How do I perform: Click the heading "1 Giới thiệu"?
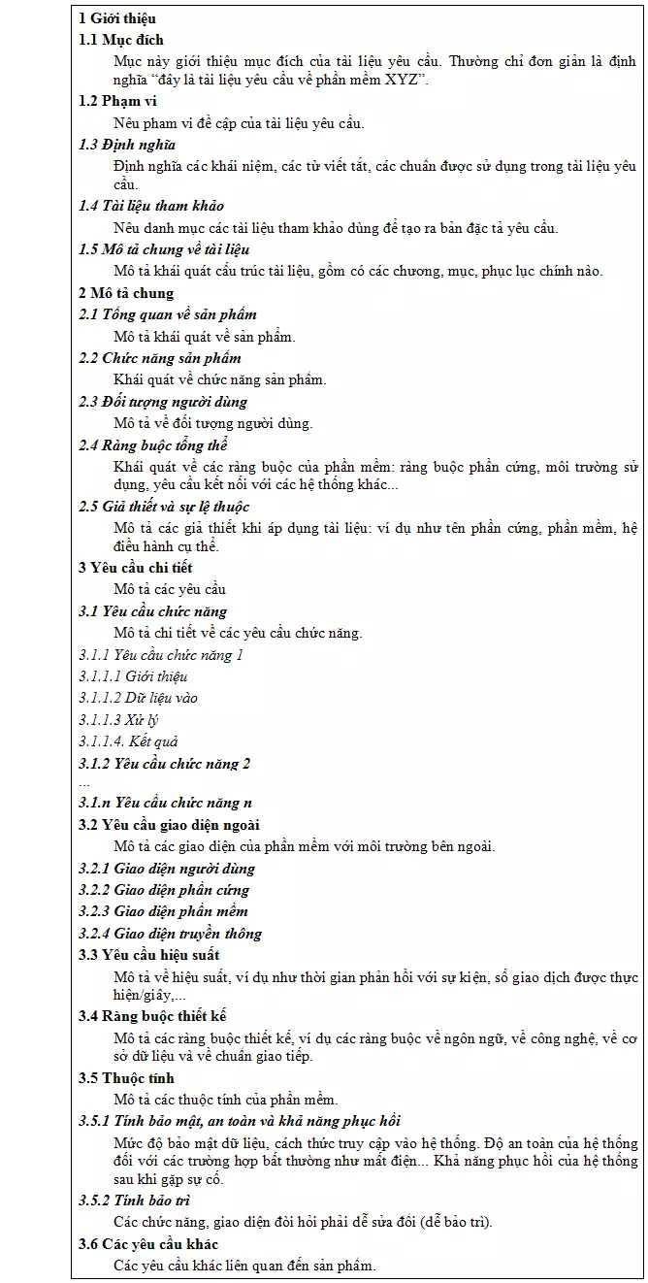(117, 18)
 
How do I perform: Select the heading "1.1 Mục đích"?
(121, 40)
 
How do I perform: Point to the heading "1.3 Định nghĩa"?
(127, 145)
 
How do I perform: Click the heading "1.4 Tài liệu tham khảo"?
(151, 206)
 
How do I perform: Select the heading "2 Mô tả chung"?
(126, 293)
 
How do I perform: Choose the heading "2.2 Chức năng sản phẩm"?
(160, 358)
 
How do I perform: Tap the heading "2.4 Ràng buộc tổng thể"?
(153, 445)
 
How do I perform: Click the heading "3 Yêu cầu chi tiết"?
(136, 568)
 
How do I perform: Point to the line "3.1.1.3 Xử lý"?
(119, 719)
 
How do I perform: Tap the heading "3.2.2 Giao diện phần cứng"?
(164, 890)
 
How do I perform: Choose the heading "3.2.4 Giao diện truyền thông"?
(171, 934)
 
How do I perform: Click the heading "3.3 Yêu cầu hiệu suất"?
(149, 955)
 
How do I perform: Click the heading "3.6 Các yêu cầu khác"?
(148, 1244)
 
